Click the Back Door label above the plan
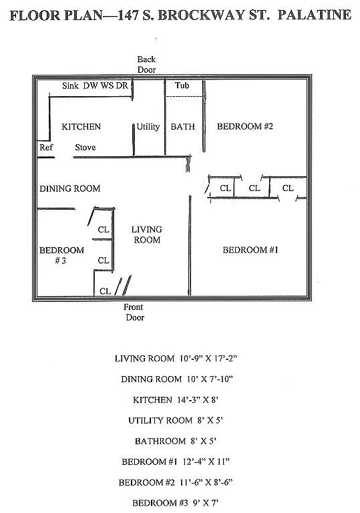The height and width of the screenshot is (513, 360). pos(146,65)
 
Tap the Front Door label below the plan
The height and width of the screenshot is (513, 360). pos(135,312)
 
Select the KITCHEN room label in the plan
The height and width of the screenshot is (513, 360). pos(81,127)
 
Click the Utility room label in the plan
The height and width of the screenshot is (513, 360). pos(148,127)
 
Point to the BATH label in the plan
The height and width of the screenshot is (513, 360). pos(182,127)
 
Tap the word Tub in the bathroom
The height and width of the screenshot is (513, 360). pos(182,86)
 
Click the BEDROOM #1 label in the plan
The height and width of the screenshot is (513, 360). pos(250,250)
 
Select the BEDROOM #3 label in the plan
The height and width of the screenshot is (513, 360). pos(61,256)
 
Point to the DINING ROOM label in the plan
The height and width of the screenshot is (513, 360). pos(69,189)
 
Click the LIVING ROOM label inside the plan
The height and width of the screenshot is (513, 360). pos(147,234)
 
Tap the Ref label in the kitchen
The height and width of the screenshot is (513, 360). pos(45,148)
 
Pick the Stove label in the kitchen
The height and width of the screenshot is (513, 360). pos(85,148)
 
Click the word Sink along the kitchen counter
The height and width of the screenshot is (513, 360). pos(71,86)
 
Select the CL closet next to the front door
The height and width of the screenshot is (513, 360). pos(106,291)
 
